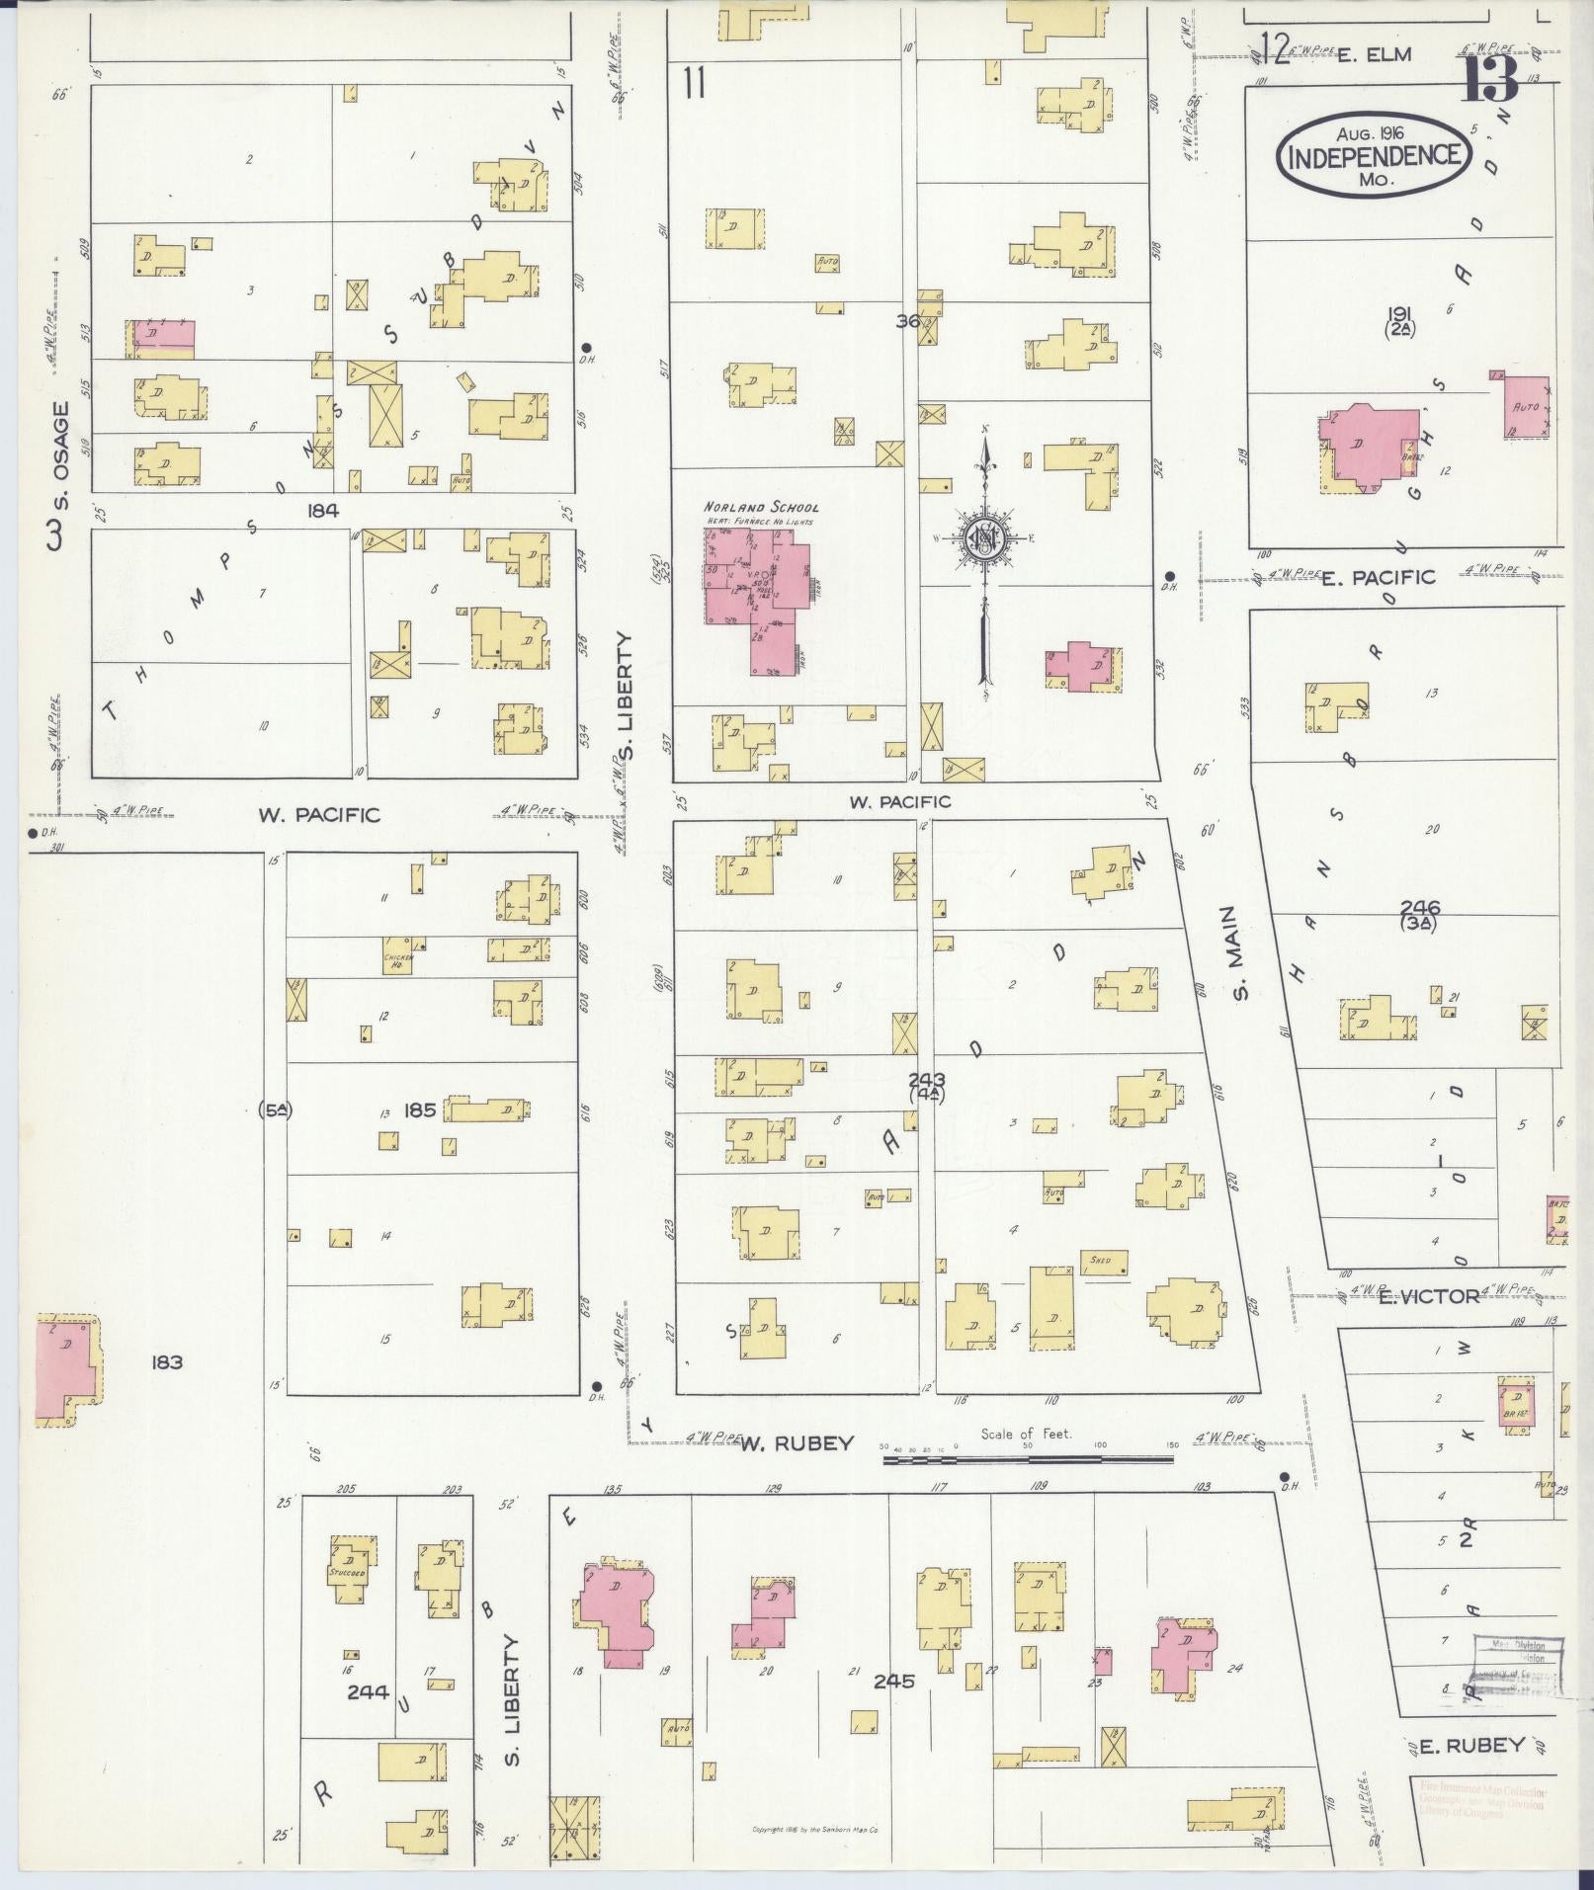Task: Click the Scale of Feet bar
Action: [x=1028, y=1457]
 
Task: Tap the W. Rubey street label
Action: [x=797, y=1443]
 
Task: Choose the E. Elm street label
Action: [x=1375, y=55]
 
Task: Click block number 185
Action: [x=420, y=1110]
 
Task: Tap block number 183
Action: [x=167, y=1362]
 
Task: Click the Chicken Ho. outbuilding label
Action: [x=400, y=959]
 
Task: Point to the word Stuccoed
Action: [x=348, y=1572]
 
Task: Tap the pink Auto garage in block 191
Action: [x=1526, y=406]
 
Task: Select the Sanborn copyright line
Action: [x=814, y=1829]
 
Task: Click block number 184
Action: [x=323, y=510]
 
